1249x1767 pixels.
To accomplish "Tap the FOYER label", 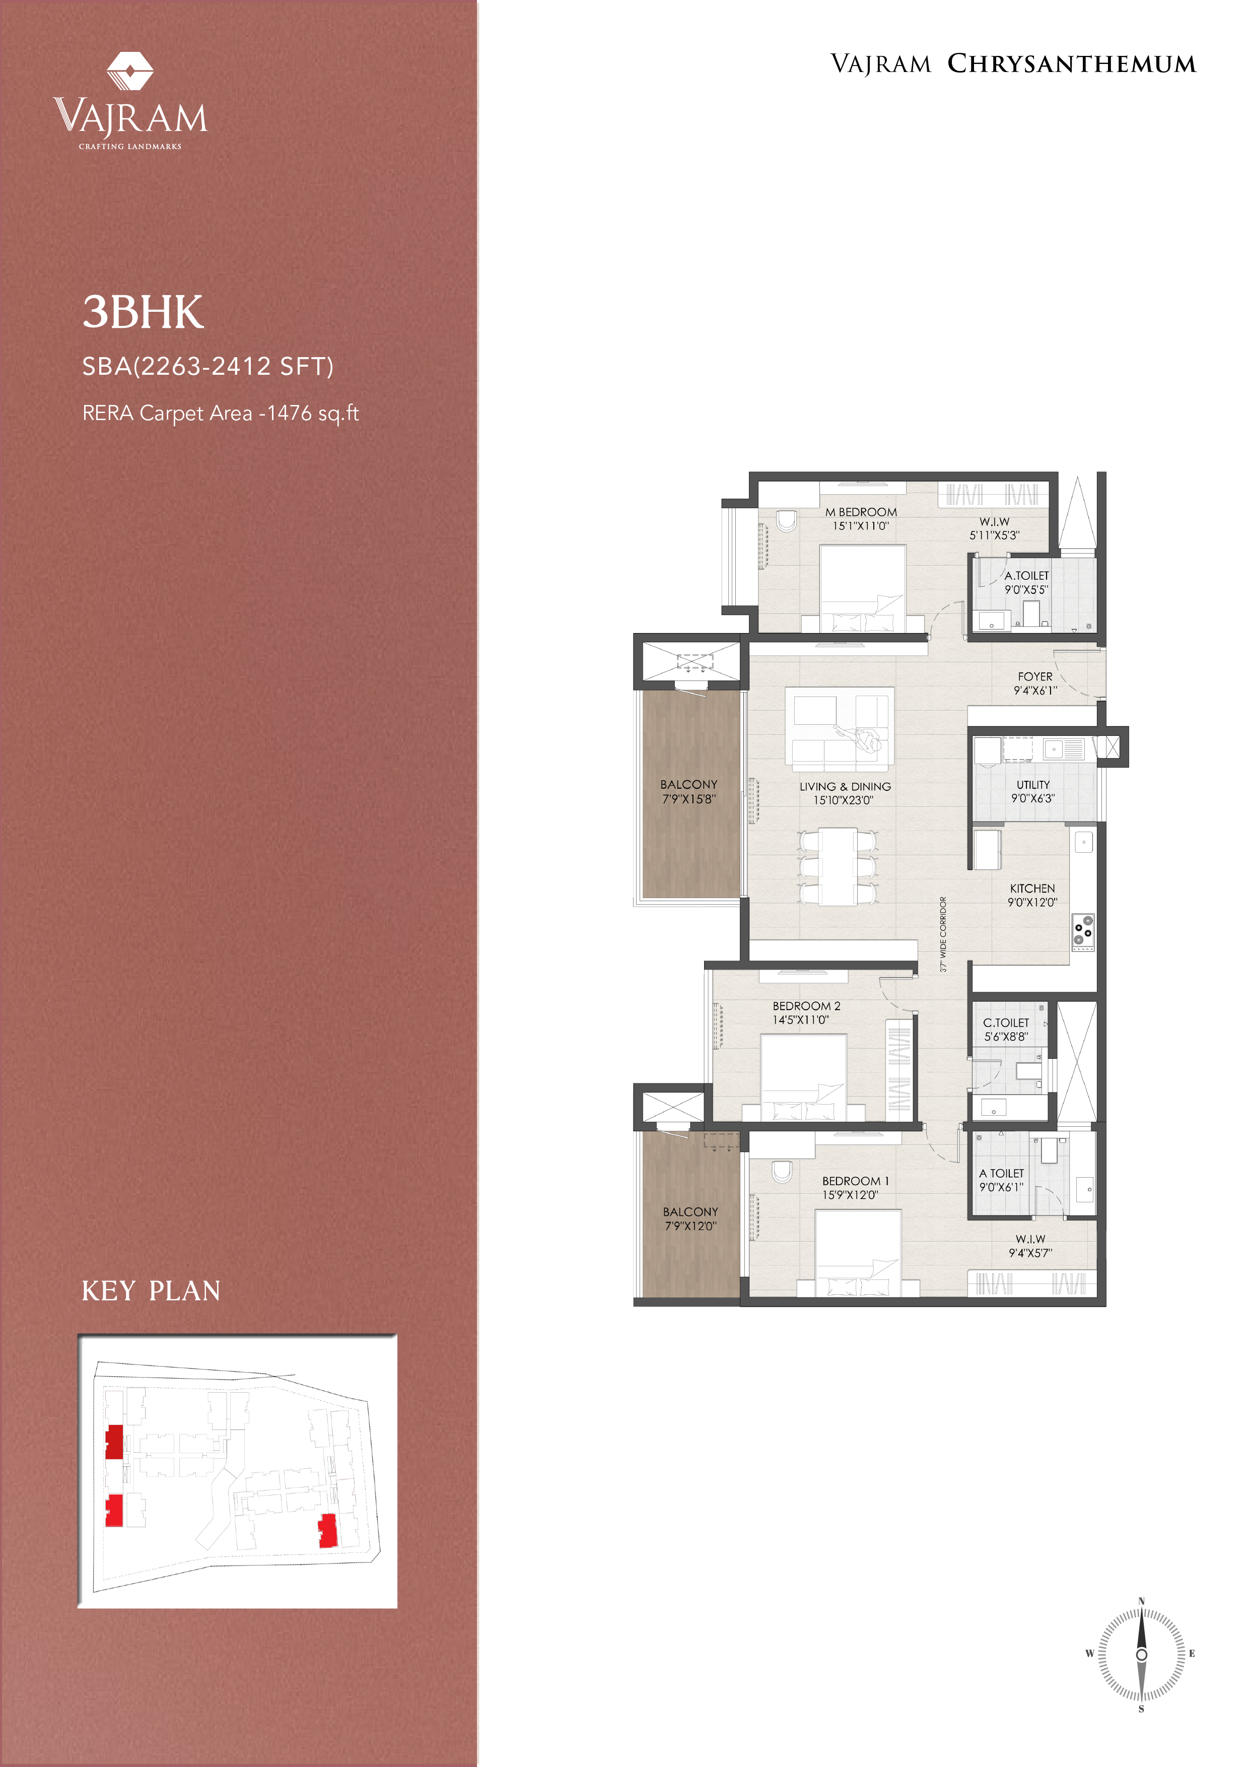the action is (1035, 676).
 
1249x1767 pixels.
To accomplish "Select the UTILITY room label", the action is (1033, 784).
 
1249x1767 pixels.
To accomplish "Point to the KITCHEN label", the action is (1032, 888).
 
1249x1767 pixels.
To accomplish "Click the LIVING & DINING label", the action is (845, 786).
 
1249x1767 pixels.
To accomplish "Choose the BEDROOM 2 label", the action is (806, 1006).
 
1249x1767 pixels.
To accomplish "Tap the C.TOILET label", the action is (1006, 1023).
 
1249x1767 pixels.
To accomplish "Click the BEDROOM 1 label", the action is (855, 1181).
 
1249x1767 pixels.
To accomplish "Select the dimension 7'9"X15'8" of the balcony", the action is (689, 799).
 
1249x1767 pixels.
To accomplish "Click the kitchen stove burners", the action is (1083, 931).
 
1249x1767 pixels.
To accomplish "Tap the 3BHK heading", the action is (143, 312).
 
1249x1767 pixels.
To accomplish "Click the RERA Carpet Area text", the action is (220, 413).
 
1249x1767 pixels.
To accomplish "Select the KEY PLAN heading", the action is (151, 1290).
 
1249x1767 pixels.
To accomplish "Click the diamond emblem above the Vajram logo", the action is (130, 72).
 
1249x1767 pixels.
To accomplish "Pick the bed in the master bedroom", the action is (862, 589).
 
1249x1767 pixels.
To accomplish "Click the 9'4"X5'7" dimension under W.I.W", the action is (1030, 1253).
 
